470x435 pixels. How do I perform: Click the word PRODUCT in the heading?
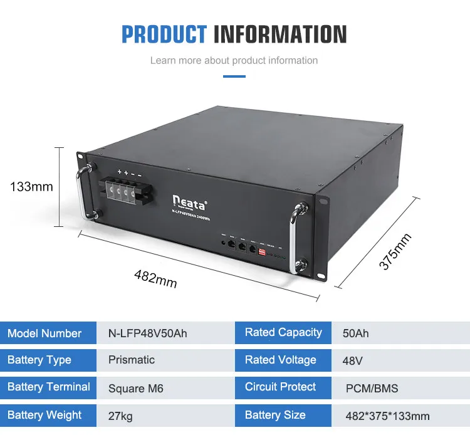164,34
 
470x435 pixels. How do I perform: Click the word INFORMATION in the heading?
280,34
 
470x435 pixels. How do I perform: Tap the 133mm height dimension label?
31,186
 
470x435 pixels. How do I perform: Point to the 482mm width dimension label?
155,278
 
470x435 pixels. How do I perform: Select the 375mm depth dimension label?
395,251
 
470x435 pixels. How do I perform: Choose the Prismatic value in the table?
132,360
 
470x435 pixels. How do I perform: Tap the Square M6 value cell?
136,389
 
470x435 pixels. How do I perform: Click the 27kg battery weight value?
120,416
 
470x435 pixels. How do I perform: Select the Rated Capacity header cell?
283,333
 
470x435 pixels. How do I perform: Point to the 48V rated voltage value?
353,360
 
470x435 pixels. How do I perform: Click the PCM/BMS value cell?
372,389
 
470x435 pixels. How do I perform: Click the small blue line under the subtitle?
234,76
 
